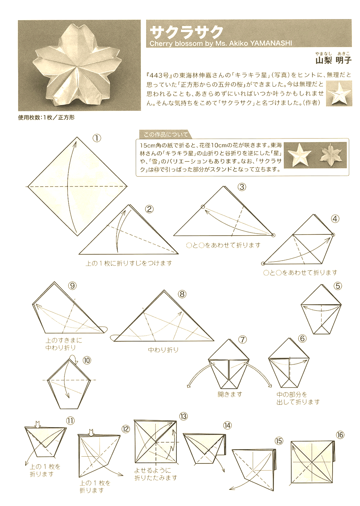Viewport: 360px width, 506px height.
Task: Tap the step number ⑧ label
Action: coord(182,294)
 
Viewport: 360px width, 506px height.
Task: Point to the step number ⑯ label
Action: coord(340,435)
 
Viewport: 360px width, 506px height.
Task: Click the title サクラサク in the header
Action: coord(186,32)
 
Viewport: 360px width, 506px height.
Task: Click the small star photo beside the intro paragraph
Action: coord(339,93)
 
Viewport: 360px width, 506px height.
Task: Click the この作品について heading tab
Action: coord(165,135)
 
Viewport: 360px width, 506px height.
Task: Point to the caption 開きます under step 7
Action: coord(230,394)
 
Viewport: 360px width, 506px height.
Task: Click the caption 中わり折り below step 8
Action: coord(163,350)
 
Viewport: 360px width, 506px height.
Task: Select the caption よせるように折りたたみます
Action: coord(156,474)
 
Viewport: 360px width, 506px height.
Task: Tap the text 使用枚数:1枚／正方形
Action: coord(46,117)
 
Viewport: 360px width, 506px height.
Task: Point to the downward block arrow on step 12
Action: coord(91,432)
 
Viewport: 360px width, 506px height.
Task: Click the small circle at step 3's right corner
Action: coord(273,235)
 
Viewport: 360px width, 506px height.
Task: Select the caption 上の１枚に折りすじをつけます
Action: coord(129,263)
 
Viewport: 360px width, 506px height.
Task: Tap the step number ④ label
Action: coord(335,219)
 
